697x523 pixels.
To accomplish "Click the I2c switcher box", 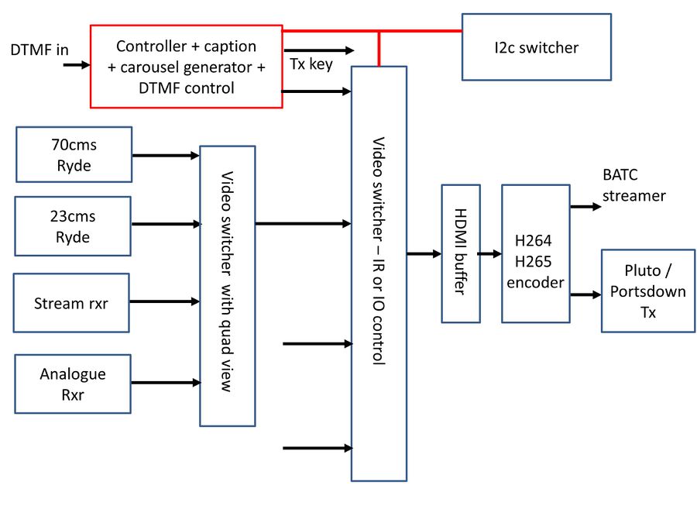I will click(x=536, y=47).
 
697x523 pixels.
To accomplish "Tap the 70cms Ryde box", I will click(x=74, y=155).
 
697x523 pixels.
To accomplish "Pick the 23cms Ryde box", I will click(x=74, y=226).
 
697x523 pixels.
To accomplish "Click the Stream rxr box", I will click(x=71, y=303).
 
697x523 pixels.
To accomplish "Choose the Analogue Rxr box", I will click(x=73, y=383).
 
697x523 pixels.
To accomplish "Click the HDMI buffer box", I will click(x=460, y=253).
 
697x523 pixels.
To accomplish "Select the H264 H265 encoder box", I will click(x=535, y=253).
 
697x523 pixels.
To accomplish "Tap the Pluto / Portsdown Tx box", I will click(x=647, y=291).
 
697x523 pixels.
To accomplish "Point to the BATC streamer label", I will click(x=633, y=186).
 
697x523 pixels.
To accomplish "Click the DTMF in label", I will click(x=39, y=50).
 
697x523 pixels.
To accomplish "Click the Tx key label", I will click(x=311, y=64).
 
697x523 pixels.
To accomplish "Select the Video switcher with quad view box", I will click(x=227, y=285).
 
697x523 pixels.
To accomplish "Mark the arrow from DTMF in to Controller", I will click(x=76, y=64).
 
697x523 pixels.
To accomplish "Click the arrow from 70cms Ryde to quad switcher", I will click(x=165, y=155).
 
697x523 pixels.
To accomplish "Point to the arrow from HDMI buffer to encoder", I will click(x=490, y=253).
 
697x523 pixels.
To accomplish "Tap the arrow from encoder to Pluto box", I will click(x=585, y=294).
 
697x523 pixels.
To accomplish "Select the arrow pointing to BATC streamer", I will click(x=585, y=206).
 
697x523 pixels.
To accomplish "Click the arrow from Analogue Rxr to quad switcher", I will click(x=165, y=382).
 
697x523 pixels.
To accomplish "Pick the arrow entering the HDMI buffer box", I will click(x=424, y=253).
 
